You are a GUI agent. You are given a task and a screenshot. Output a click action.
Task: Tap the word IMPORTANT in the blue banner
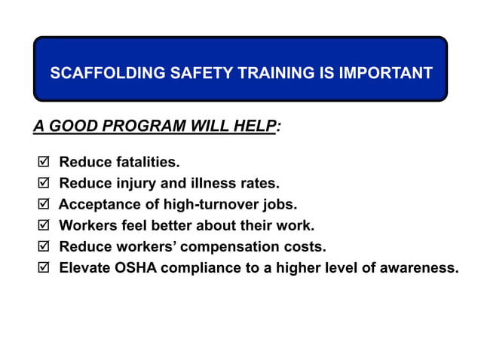tap(385, 74)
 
